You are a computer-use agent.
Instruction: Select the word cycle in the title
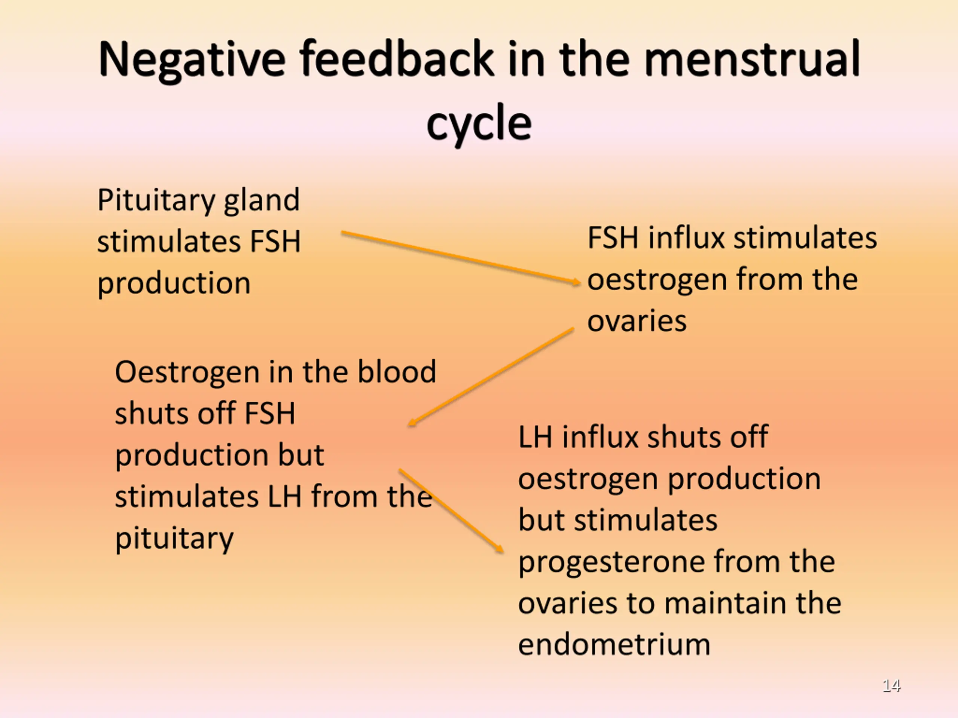(479, 123)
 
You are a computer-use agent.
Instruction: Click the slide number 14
(891, 685)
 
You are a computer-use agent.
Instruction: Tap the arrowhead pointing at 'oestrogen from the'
(576, 282)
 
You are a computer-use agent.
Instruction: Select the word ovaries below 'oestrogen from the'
(637, 321)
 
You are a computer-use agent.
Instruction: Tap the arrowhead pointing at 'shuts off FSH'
(412, 423)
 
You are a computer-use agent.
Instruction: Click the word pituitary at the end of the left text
(174, 538)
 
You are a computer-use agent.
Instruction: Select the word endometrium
(614, 644)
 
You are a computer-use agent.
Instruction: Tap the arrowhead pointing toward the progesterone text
(499, 548)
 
